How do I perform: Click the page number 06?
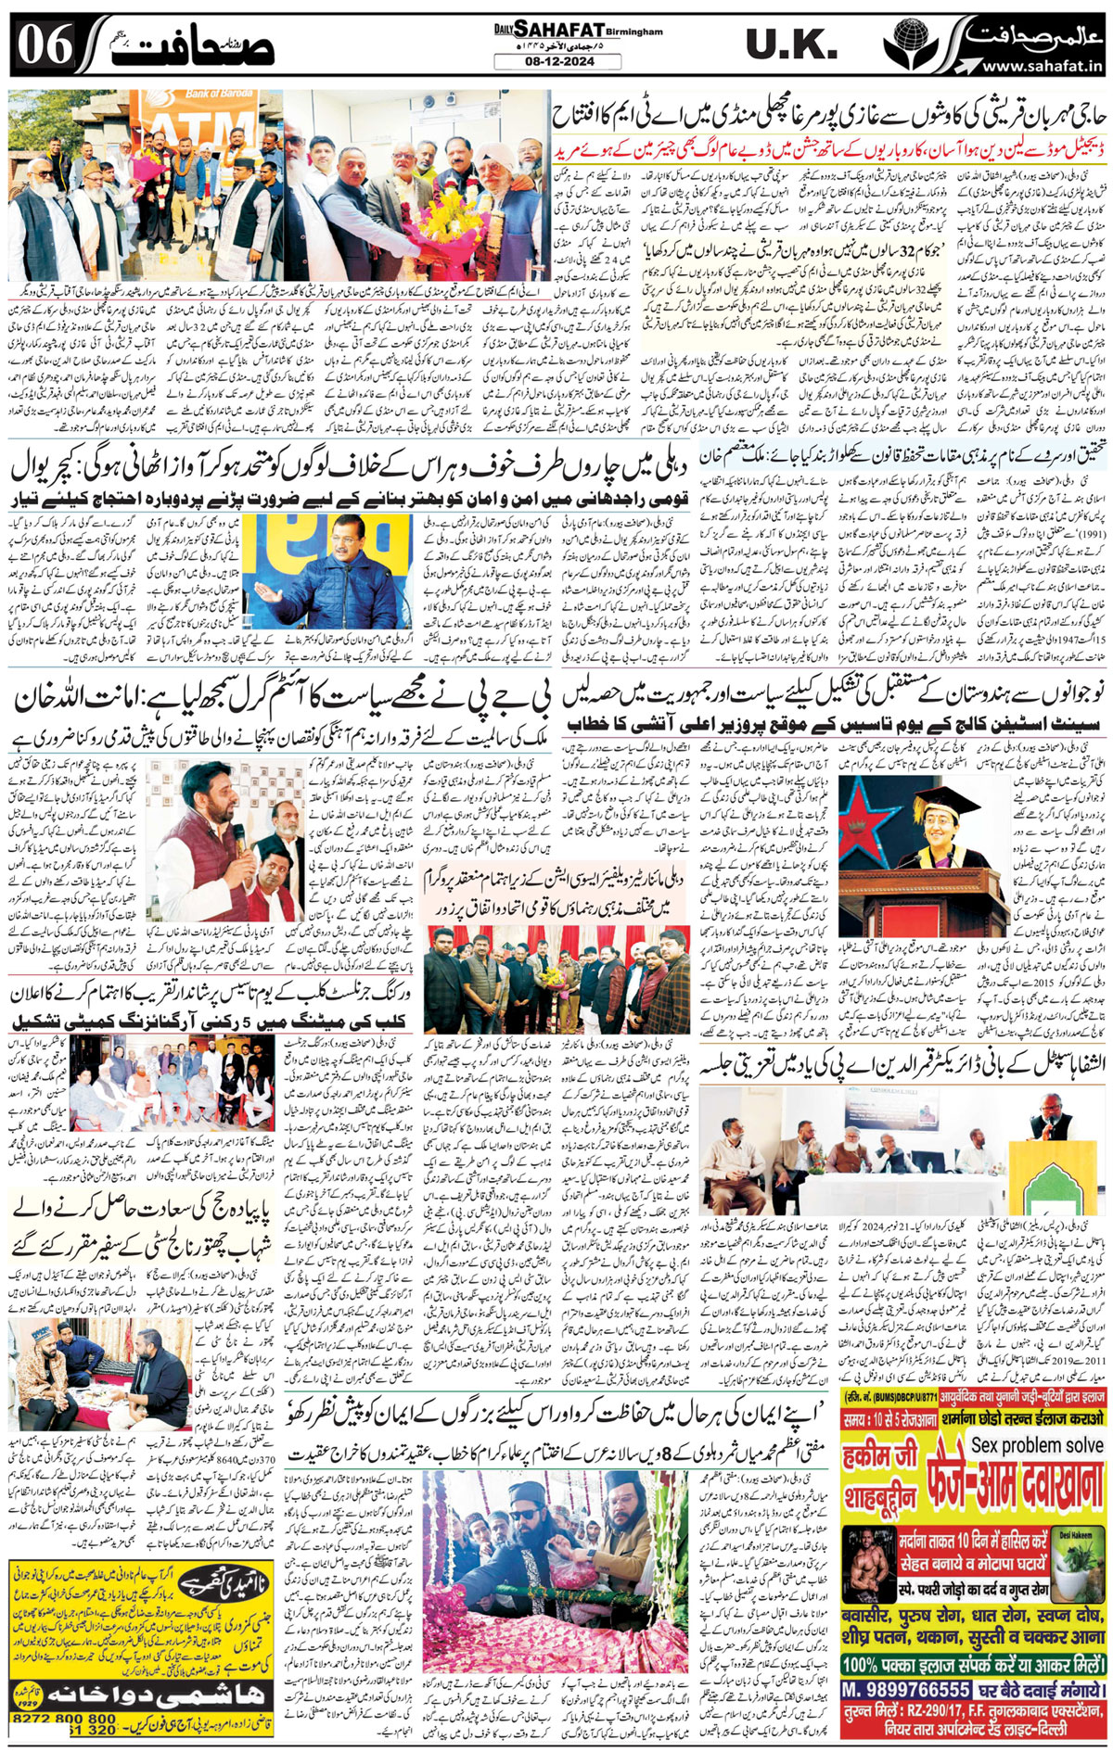tap(45, 45)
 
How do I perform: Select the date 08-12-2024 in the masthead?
tap(557, 62)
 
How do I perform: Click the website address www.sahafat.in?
tap(1042, 66)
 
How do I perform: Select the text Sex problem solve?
tap(1037, 1445)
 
